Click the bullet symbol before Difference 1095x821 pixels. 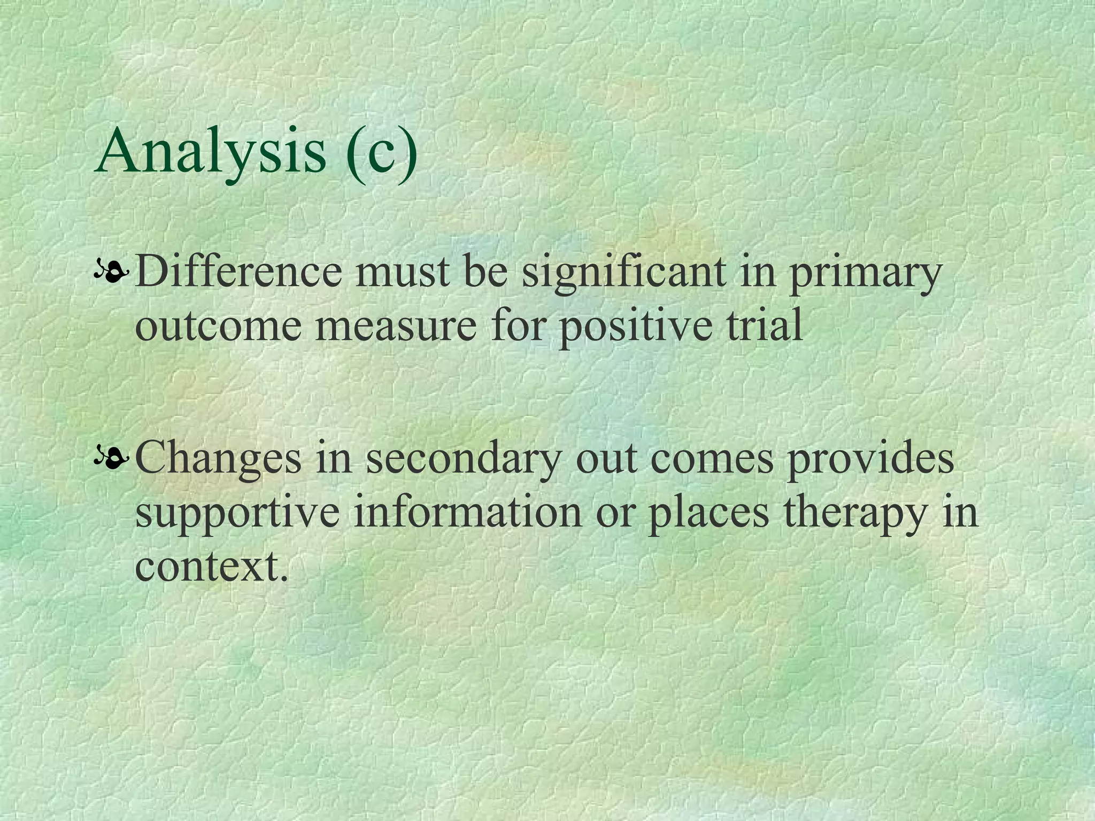click(x=111, y=273)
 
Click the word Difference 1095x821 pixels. click(x=238, y=272)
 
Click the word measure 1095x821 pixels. click(x=395, y=327)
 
